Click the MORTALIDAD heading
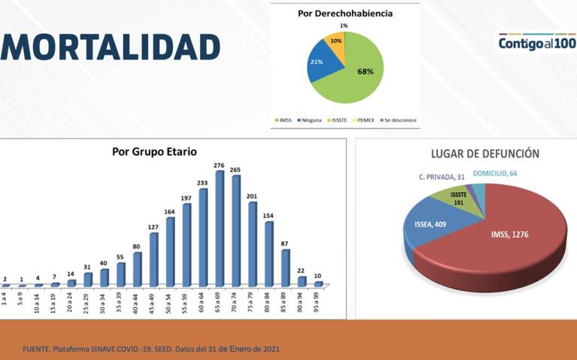point(110,47)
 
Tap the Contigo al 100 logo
point(536,42)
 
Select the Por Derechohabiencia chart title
point(345,14)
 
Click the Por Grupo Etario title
point(155,151)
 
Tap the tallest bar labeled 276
point(220,228)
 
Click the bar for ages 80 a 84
point(269,253)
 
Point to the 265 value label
point(236,169)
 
